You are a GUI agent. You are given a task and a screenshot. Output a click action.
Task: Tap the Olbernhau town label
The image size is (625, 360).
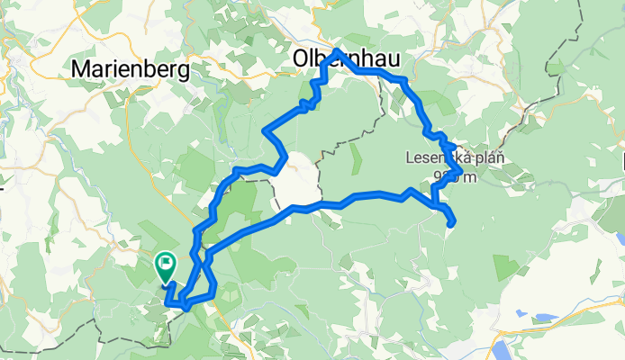pos(347,59)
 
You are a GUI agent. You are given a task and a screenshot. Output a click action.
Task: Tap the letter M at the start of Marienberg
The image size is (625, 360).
pos(79,68)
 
